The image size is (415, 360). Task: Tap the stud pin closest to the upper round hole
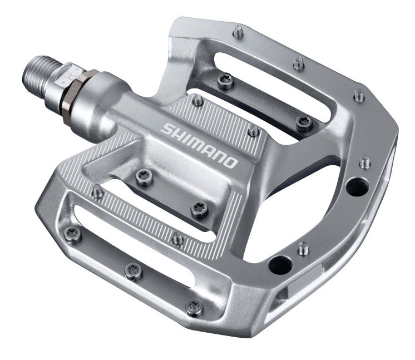pyautogui.click(x=365, y=162)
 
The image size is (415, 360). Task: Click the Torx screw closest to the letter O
pyautogui.click(x=199, y=210)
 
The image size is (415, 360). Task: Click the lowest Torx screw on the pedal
pyautogui.click(x=195, y=305)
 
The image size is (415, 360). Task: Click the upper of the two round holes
pyautogui.click(x=354, y=186)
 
